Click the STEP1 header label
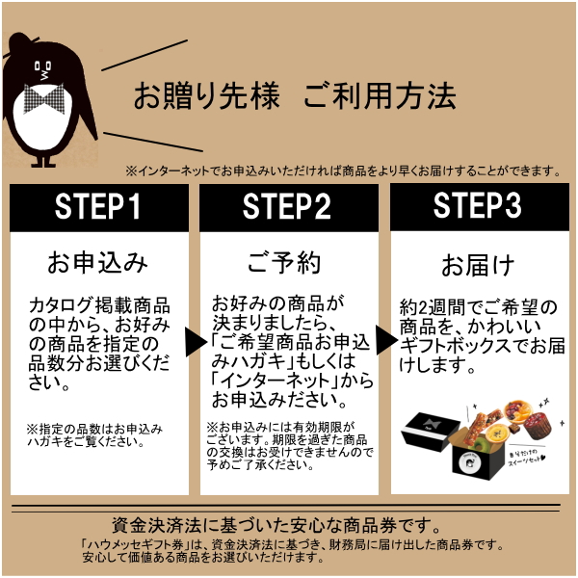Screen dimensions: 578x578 (x=97, y=207)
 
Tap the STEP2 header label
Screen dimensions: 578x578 (x=287, y=207)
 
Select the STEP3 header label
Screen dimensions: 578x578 (x=478, y=207)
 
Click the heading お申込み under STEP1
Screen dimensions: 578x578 (x=97, y=261)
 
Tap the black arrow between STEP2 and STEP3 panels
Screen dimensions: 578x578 (x=383, y=338)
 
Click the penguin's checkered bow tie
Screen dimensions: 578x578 (x=45, y=97)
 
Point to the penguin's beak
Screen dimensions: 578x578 (x=42, y=69)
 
